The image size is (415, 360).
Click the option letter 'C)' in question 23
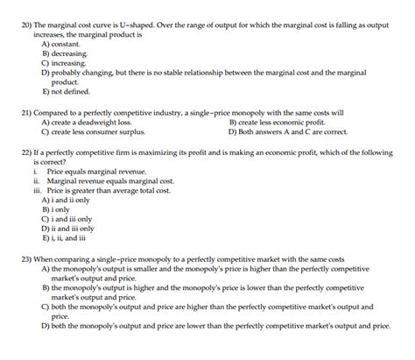46,307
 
